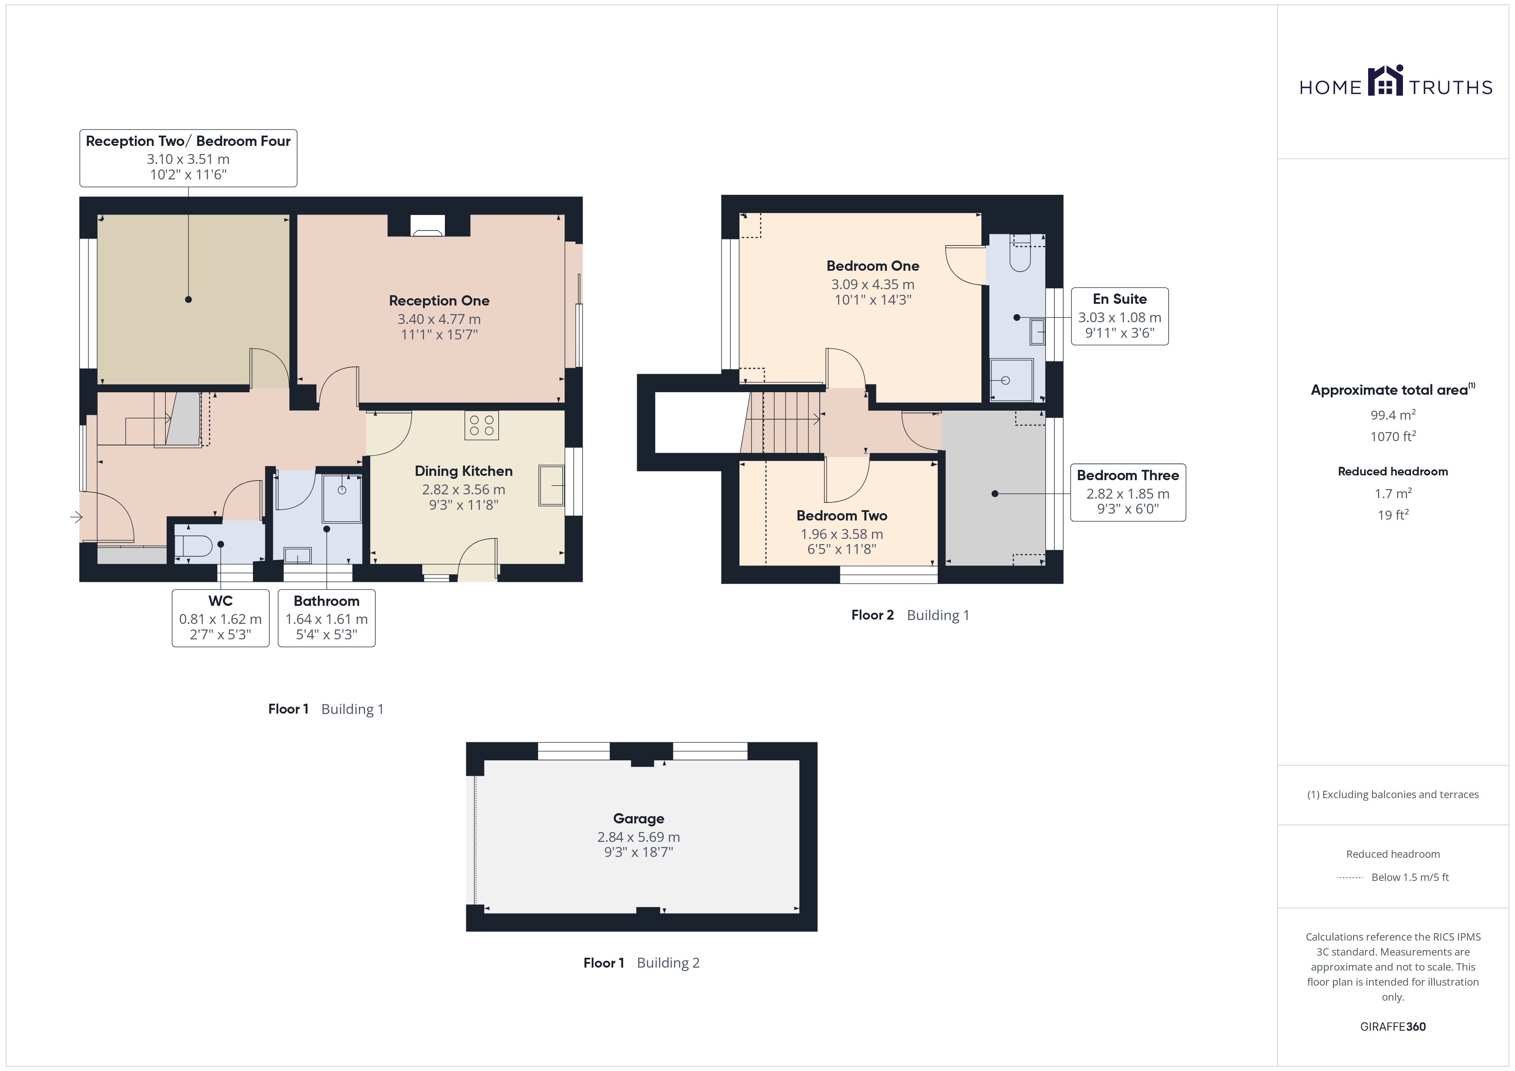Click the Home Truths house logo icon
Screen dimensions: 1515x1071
click(x=1385, y=81)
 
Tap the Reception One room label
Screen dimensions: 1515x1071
click(x=439, y=301)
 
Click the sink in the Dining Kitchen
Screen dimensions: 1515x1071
click(x=552, y=485)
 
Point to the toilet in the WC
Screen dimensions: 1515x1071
click(x=193, y=545)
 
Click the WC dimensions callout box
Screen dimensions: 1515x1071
click(x=220, y=618)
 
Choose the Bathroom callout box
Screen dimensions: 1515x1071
click(x=327, y=618)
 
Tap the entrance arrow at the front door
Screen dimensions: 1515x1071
click(x=76, y=517)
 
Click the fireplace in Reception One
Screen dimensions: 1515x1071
click(x=428, y=226)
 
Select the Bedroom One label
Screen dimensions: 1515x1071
click(x=872, y=266)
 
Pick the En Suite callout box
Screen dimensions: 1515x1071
click(x=1120, y=316)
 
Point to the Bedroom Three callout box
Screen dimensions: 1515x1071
click(x=1128, y=493)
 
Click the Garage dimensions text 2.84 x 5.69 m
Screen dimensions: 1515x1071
click(x=638, y=837)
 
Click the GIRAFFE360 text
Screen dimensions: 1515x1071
click(x=1393, y=1027)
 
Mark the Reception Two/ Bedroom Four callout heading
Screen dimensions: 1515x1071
click(x=188, y=141)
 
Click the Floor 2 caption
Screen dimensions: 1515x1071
click(x=872, y=615)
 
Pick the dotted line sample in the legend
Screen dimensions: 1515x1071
click(x=1350, y=878)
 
